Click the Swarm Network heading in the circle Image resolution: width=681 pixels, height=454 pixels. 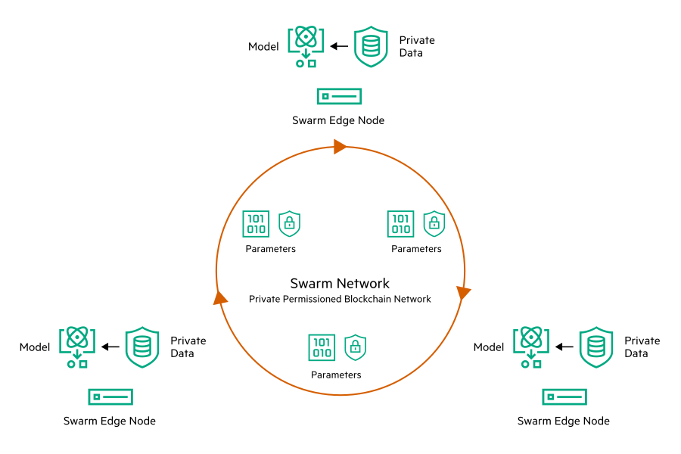(340, 284)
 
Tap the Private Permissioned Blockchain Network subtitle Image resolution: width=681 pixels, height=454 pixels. (340, 299)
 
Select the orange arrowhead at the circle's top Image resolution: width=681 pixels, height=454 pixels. (340, 147)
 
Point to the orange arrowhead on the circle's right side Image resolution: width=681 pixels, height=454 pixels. (463, 292)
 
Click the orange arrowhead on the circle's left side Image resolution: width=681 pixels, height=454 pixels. (220, 297)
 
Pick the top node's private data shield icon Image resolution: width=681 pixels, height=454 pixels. (371, 46)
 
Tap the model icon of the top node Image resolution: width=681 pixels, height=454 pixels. (305, 47)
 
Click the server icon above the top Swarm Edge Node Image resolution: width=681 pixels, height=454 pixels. (339, 96)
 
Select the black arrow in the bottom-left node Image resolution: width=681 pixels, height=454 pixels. (110, 347)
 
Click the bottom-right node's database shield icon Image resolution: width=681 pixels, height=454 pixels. (596, 347)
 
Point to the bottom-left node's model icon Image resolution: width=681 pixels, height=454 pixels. (76, 347)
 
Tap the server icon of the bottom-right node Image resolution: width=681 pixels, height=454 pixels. (564, 396)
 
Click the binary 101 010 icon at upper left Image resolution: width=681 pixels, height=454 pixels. (256, 224)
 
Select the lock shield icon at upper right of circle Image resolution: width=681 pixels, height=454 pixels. (434, 224)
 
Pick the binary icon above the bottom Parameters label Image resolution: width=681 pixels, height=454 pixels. (322, 347)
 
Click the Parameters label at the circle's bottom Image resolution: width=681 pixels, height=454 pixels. (336, 375)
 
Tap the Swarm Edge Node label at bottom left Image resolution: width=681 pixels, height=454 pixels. (110, 421)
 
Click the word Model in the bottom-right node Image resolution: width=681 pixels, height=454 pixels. (489, 347)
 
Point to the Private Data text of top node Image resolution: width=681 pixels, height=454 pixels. (416, 46)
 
